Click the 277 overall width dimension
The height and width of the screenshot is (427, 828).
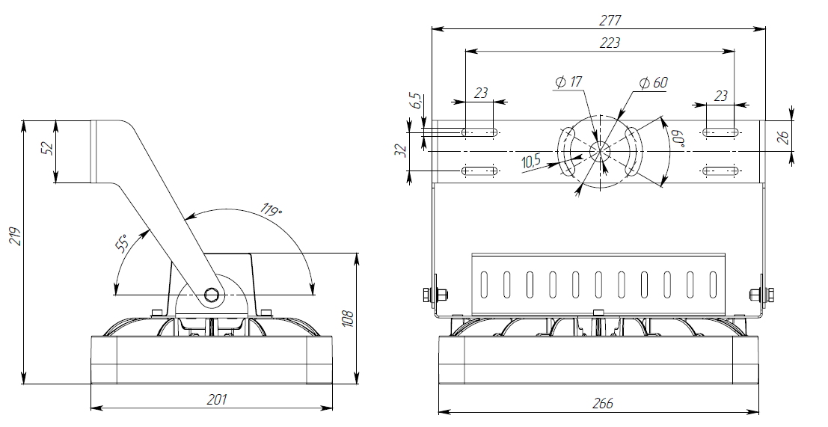pos(610,21)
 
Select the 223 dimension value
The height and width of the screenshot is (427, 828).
pos(610,43)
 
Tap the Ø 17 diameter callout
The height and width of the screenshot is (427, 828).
pos(568,82)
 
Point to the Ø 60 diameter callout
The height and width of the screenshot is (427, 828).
pos(653,83)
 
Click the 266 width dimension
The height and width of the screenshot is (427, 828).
pos(603,404)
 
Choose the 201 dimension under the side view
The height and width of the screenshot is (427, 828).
pos(216,399)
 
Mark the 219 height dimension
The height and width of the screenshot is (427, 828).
pos(15,236)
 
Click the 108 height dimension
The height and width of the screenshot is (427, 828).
pos(348,319)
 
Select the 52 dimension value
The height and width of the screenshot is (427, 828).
pos(48,148)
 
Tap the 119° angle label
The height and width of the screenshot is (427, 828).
pos(272,209)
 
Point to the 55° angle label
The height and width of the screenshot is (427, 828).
pos(121,244)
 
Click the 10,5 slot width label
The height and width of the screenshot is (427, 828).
pos(531,162)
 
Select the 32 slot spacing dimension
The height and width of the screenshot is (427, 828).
pos(402,151)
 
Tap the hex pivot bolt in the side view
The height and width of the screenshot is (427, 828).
pos(213,295)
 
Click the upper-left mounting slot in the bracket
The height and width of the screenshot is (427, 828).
pos(479,132)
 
